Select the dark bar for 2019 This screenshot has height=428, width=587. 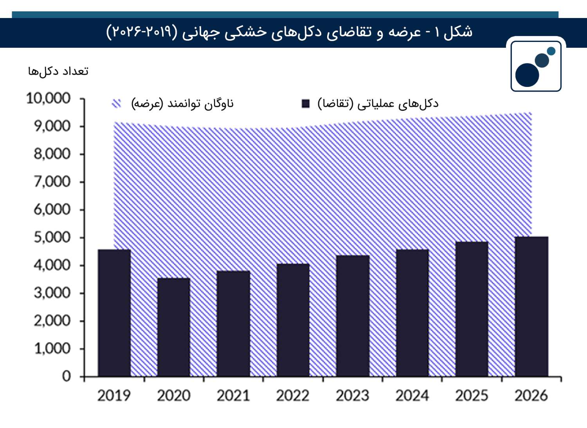[114, 313]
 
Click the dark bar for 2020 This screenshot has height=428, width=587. [174, 327]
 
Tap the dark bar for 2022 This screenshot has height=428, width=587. [293, 320]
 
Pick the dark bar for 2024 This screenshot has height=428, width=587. [412, 313]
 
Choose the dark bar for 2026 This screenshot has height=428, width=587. [531, 307]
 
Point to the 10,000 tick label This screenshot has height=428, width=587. [49, 99]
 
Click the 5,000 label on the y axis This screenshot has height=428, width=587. [52, 238]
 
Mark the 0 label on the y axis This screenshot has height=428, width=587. [67, 377]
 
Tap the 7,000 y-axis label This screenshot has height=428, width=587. [52, 182]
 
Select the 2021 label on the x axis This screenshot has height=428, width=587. [233, 396]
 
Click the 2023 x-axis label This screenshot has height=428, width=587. [353, 396]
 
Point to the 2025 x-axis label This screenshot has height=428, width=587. [472, 396]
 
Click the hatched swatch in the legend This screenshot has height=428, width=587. [116, 104]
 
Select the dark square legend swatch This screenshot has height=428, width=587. [306, 104]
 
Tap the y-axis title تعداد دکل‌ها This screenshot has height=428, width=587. [58, 71]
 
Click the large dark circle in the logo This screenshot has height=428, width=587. [527, 75]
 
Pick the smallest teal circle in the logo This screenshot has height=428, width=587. [551, 51]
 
